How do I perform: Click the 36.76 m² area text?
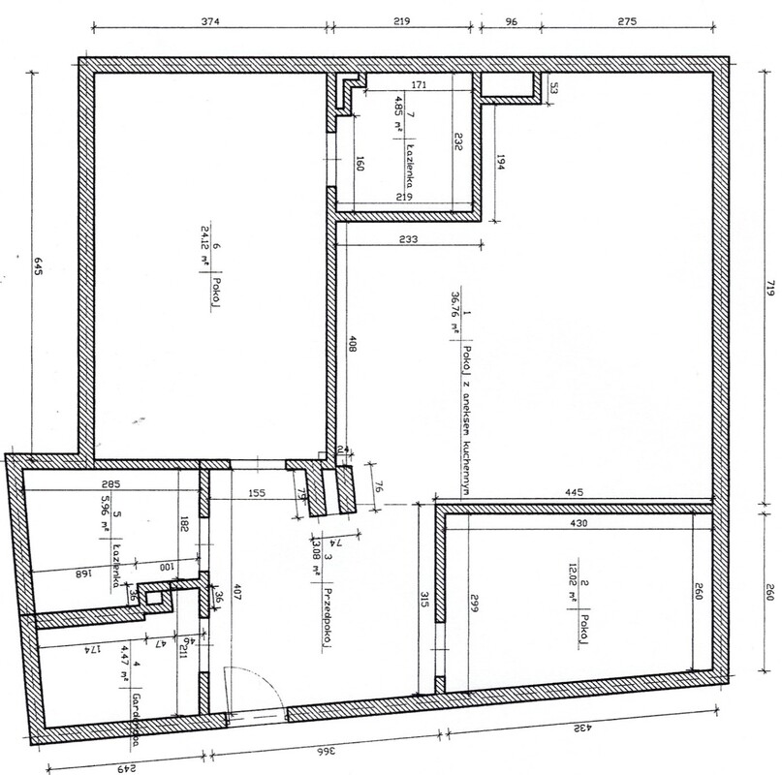point(454,317)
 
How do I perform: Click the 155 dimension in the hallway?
point(257,492)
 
